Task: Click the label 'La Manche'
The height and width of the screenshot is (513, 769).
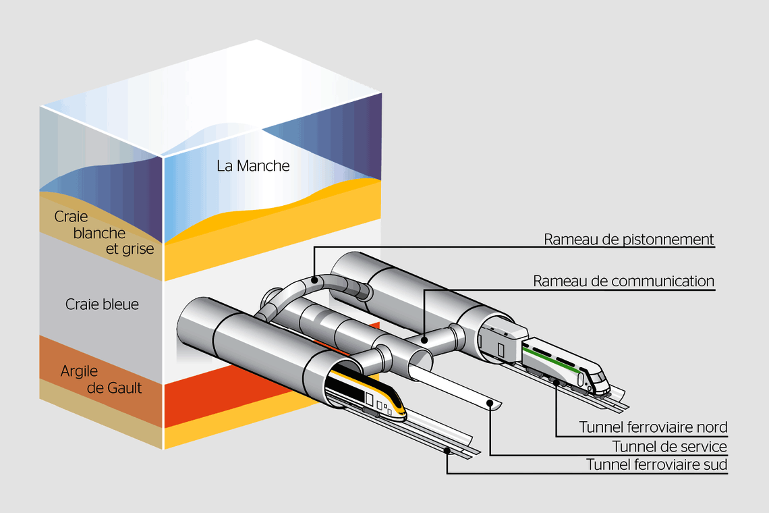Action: point(253,165)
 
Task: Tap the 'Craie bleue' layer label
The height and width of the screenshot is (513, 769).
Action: point(102,304)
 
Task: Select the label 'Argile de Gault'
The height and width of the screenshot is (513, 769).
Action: point(101,379)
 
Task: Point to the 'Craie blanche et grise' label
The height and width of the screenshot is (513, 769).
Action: point(104,233)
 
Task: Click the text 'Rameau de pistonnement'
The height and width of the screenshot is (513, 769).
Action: point(629,240)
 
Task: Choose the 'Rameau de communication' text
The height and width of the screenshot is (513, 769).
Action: point(623,281)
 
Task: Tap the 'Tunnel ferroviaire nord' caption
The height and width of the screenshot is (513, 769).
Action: point(653,427)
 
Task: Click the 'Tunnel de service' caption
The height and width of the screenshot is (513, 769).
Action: point(669,446)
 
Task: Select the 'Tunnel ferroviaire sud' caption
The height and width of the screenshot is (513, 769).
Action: point(656,464)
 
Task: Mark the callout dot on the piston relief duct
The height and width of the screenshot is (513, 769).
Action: point(315,279)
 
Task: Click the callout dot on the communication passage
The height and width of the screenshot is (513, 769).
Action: point(423,333)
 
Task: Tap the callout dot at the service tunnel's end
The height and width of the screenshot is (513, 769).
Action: point(490,403)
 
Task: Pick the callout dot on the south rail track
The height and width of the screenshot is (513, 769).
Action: point(447,450)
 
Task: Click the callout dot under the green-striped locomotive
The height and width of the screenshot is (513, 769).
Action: point(557,383)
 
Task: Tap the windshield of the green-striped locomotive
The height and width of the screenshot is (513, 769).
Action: point(600,376)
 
